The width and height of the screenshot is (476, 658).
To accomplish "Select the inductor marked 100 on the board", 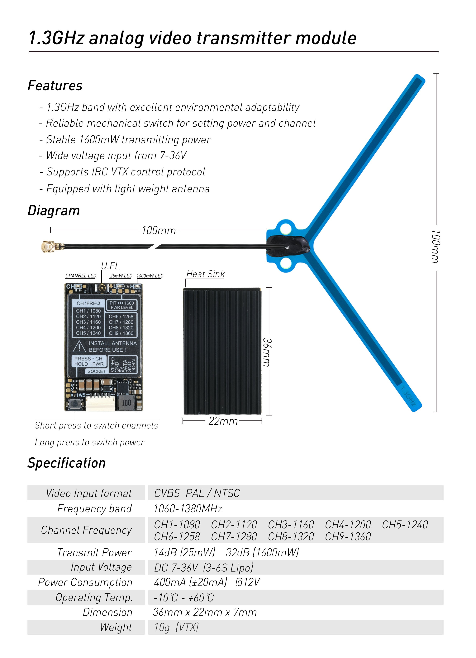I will tap(126, 402).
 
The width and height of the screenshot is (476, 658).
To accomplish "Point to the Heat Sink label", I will tap(205, 274).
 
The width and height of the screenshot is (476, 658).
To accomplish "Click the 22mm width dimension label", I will tap(223, 421).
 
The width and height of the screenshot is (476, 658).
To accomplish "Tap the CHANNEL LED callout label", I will tap(81, 276).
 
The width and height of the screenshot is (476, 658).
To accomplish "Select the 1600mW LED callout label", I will tap(150, 276).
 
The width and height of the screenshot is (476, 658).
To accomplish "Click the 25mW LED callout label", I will tap(121, 276).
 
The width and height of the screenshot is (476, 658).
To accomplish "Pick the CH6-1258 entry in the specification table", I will tap(177, 536).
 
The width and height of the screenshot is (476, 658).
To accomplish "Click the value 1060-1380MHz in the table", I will tap(188, 509).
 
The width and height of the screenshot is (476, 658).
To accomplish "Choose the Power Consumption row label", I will tap(85, 582).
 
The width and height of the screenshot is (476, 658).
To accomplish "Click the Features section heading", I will tap(55, 86).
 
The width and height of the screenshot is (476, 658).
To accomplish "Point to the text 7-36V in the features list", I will tap(173, 156).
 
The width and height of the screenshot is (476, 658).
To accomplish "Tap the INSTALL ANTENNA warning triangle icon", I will tap(79, 346).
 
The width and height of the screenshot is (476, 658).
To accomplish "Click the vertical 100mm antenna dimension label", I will tap(436, 247).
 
